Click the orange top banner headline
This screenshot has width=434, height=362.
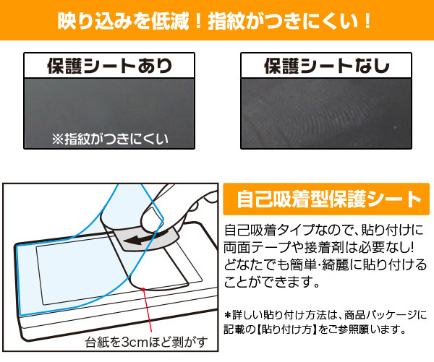pos(216,20)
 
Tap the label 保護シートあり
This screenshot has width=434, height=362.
pos(109,66)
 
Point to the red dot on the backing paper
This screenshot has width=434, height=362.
pos(145,289)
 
